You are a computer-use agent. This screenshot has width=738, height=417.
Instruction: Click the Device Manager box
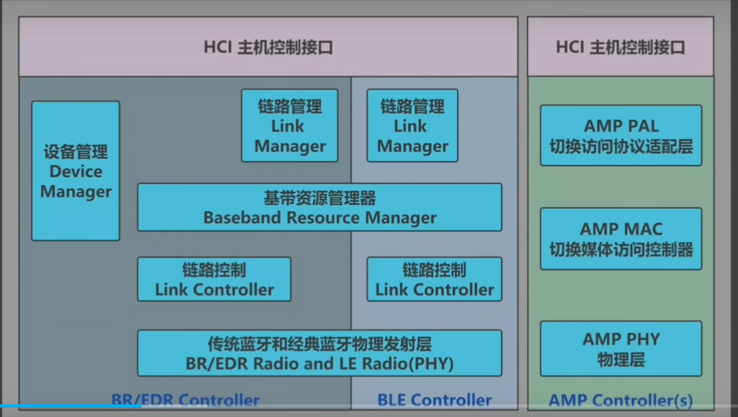[76, 171]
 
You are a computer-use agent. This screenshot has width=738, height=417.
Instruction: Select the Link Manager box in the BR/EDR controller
[290, 125]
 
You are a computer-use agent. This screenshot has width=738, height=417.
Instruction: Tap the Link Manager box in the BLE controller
[412, 125]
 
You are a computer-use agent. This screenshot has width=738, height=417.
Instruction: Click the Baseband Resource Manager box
[319, 207]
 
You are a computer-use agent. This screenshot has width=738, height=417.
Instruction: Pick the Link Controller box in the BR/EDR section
[214, 279]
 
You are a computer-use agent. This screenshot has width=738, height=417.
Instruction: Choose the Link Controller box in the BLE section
[434, 279]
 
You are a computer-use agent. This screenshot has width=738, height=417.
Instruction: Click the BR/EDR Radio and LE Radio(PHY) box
[319, 353]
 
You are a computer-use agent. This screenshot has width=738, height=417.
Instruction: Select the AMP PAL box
[621, 135]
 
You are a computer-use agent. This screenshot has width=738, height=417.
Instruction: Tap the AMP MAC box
[621, 239]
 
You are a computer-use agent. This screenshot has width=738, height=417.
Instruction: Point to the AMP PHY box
[621, 349]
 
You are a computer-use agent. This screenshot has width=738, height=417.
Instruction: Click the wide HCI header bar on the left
[268, 47]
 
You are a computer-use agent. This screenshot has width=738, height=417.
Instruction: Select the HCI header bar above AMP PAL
[621, 47]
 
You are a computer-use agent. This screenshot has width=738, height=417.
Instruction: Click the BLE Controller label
[435, 400]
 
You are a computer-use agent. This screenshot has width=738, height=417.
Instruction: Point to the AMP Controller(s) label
[621, 400]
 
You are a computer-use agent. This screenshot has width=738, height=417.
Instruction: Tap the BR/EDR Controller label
[185, 400]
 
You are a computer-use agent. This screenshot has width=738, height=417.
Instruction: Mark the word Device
[76, 172]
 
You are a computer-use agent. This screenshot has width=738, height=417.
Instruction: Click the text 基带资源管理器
[319, 198]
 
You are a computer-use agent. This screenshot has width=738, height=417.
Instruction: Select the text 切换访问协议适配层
[621, 146]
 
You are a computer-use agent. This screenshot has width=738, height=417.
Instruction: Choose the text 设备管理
[76, 152]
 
